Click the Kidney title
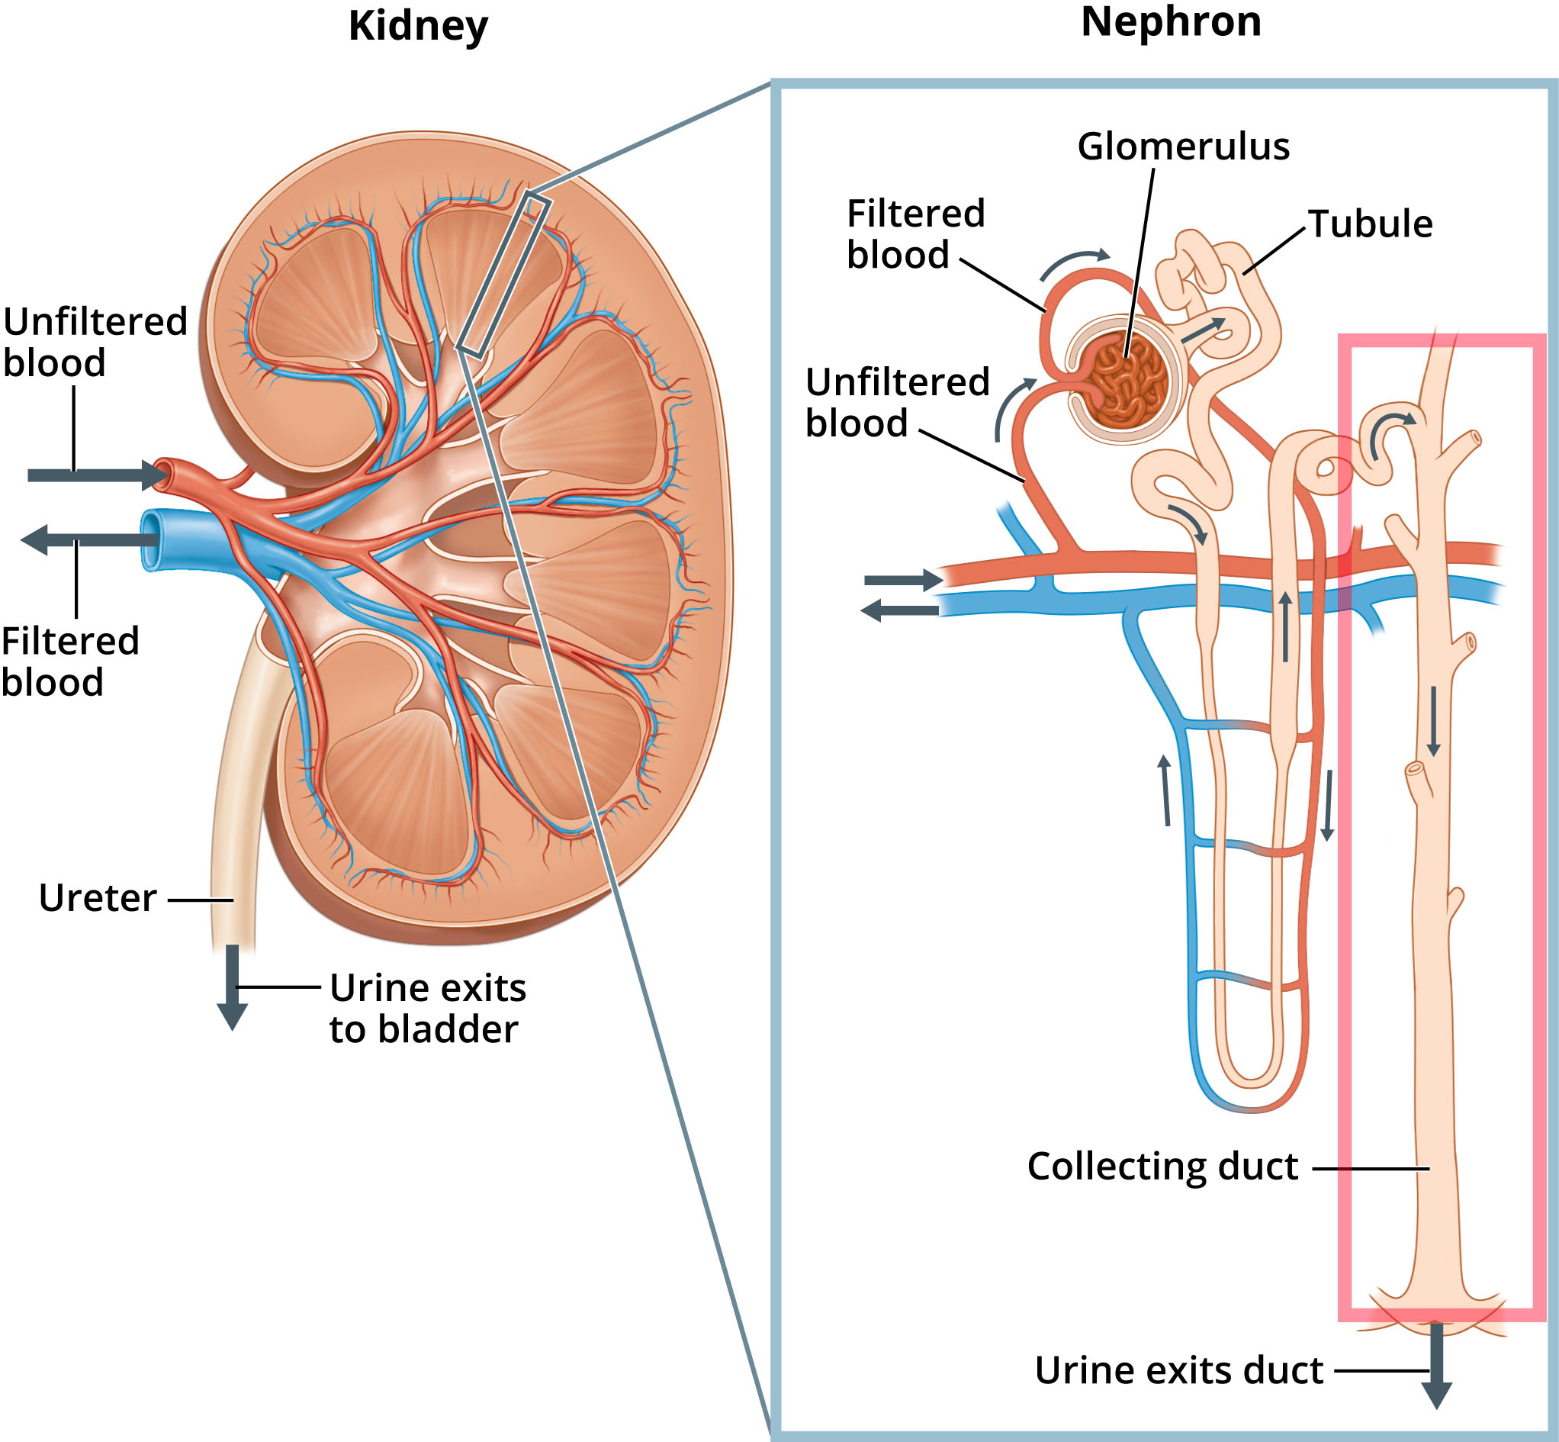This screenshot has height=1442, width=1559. pos(418,27)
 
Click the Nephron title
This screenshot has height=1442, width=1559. pos(1171,22)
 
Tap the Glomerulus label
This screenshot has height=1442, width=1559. pos(1183,146)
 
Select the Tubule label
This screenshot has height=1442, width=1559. pos(1371,224)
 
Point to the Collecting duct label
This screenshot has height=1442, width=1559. pos(1162,1167)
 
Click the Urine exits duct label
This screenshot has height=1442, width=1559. pos(1178,1370)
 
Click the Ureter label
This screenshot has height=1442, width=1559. pos(98,898)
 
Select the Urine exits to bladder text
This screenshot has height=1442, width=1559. pos(426,1008)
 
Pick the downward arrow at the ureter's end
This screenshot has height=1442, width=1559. pos(232,987)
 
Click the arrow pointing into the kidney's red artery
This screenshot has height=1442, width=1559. pos(94,475)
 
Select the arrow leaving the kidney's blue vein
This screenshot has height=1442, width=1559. pos(85,539)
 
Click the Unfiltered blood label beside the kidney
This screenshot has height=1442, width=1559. pos(95,342)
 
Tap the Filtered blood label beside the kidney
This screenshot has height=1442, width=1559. pos(70,661)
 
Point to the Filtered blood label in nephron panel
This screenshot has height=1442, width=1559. pos(915,234)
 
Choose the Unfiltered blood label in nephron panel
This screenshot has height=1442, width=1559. pos(897,403)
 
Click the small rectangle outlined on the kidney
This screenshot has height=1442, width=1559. pos(504,275)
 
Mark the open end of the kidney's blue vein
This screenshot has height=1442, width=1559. pos(150,540)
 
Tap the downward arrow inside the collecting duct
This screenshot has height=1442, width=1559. pos(1432,721)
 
